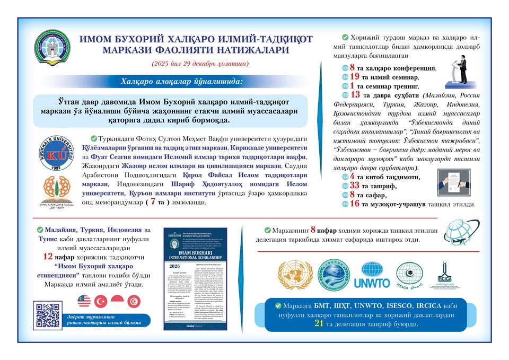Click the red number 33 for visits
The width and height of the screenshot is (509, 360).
[x=355, y=186]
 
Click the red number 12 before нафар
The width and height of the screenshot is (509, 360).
[x=47, y=256]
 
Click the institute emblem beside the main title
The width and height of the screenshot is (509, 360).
[x=51, y=48]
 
